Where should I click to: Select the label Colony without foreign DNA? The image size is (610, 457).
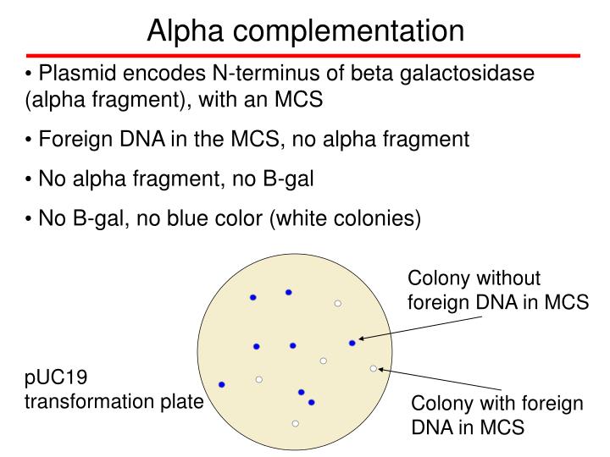click(x=497, y=290)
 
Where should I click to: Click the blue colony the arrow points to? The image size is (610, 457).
click(x=352, y=343)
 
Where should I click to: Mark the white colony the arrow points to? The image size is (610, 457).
click(x=374, y=368)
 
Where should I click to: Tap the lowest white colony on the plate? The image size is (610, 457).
click(x=295, y=423)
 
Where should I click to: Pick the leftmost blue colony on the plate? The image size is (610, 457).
click(x=222, y=384)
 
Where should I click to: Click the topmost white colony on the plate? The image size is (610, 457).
click(x=337, y=303)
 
